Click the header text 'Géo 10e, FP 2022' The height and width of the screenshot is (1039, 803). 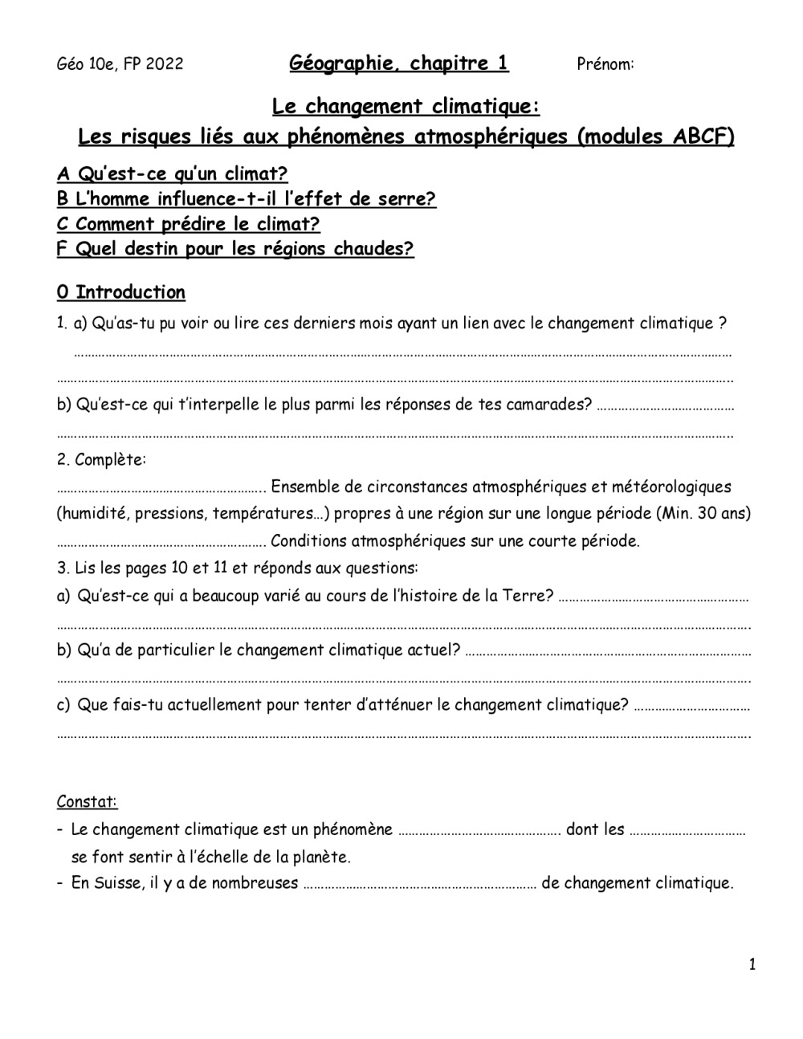(120, 64)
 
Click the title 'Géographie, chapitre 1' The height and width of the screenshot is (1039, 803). (398, 63)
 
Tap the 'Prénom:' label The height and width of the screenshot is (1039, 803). (605, 64)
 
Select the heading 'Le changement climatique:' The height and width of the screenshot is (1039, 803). (406, 106)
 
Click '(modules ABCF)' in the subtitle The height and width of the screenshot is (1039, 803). (655, 136)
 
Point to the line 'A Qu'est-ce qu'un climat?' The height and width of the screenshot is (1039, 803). (172, 173)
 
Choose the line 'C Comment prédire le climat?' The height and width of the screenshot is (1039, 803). (188, 224)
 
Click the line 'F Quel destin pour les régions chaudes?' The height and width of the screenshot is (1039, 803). (235, 249)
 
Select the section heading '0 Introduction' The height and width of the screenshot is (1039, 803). (120, 292)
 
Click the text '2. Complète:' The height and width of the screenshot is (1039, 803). (101, 460)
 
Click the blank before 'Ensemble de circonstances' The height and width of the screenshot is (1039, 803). (161, 488)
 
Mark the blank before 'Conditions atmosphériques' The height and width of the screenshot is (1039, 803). (161, 542)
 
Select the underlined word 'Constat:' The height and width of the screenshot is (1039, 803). (87, 801)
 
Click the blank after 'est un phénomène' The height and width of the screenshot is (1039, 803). (479, 831)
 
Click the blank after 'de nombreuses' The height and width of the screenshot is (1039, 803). (420, 885)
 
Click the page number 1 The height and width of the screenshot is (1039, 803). (752, 964)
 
